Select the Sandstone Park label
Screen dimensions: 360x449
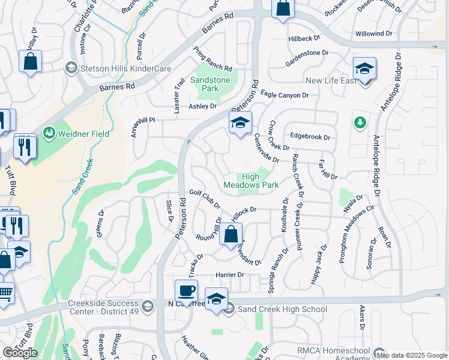point(210,84)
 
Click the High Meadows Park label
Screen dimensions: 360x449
point(251,181)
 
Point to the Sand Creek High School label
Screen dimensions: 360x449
point(282,309)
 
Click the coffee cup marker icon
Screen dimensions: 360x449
point(185,291)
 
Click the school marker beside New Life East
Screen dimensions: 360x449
point(364,69)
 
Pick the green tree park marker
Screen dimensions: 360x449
point(360,123)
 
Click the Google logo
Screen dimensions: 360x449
point(20,352)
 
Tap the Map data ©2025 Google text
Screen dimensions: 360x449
point(412,355)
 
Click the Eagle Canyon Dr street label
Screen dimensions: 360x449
point(285,95)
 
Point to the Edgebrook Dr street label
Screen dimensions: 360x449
point(310,137)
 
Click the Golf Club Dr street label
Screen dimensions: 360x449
point(205,199)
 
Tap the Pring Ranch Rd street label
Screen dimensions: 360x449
point(212,59)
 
